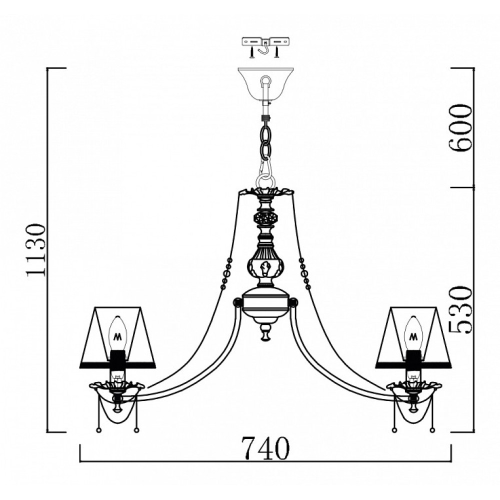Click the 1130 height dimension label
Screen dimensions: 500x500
pyautogui.click(x=36, y=249)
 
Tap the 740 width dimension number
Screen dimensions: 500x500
pyautogui.click(x=265, y=447)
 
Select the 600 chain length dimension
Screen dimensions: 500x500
pyautogui.click(x=459, y=127)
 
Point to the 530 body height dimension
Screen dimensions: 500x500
pyautogui.click(x=459, y=309)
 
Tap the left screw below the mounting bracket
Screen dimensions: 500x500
pyautogui.click(x=252, y=52)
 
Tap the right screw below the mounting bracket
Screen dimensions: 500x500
pyautogui.click(x=277, y=52)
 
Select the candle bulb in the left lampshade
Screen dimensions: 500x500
pyautogui.click(x=117, y=333)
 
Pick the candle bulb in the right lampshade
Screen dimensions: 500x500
pyautogui.click(x=413, y=333)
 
